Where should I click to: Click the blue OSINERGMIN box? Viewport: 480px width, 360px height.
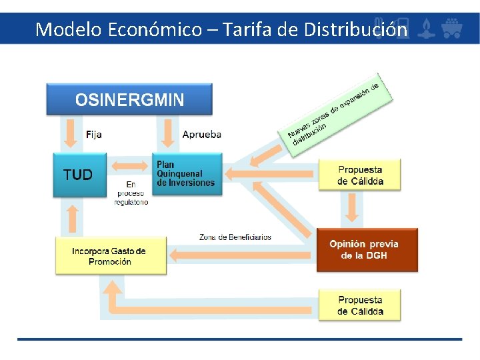pyautogui.click(x=129, y=99)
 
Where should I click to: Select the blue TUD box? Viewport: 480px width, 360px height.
pyautogui.click(x=79, y=175)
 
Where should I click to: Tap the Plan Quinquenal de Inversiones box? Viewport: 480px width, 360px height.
pyautogui.click(x=186, y=174)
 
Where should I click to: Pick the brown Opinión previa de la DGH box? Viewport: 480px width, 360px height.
pyautogui.click(x=367, y=249)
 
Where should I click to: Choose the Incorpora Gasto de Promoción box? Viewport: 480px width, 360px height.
pyautogui.click(x=110, y=255)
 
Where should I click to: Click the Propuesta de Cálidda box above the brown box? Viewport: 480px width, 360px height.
pyautogui.click(x=360, y=175)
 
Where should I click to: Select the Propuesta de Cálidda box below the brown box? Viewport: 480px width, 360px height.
pyautogui.click(x=360, y=305)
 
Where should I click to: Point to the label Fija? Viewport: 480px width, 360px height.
pyautogui.click(x=94, y=134)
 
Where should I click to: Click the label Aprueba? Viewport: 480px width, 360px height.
pyautogui.click(x=201, y=134)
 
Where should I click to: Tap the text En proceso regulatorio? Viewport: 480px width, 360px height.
pyautogui.click(x=131, y=193)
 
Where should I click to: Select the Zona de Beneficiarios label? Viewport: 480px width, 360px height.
pyautogui.click(x=235, y=237)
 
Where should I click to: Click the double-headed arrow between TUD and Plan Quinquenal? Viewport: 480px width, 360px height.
pyautogui.click(x=130, y=165)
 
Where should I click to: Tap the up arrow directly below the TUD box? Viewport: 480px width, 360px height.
pyautogui.click(x=73, y=217)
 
